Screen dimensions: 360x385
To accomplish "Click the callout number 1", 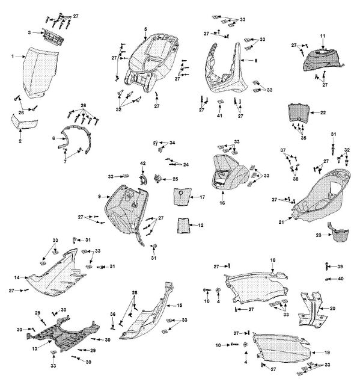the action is tap(13, 57).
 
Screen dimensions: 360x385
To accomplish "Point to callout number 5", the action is tap(145, 29).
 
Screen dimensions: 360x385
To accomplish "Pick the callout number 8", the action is tap(256, 60).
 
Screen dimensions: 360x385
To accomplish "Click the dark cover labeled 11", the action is tap(323, 60).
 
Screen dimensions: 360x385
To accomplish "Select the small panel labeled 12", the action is tap(184, 225).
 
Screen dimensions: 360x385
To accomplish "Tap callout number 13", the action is tap(35, 348).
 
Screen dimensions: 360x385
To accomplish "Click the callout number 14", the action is tap(17, 277).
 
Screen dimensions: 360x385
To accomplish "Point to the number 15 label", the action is tap(180, 305).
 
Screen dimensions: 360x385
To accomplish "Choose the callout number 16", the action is tap(222, 203).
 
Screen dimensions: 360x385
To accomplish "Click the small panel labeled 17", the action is tap(183, 197).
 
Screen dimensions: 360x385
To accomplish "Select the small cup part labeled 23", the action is tap(340, 233).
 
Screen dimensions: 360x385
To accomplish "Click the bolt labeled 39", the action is tap(326, 266).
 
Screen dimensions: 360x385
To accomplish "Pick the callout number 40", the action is tap(341, 279).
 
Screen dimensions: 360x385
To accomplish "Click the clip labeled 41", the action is tap(220, 102).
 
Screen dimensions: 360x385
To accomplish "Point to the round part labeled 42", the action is tap(143, 179).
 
